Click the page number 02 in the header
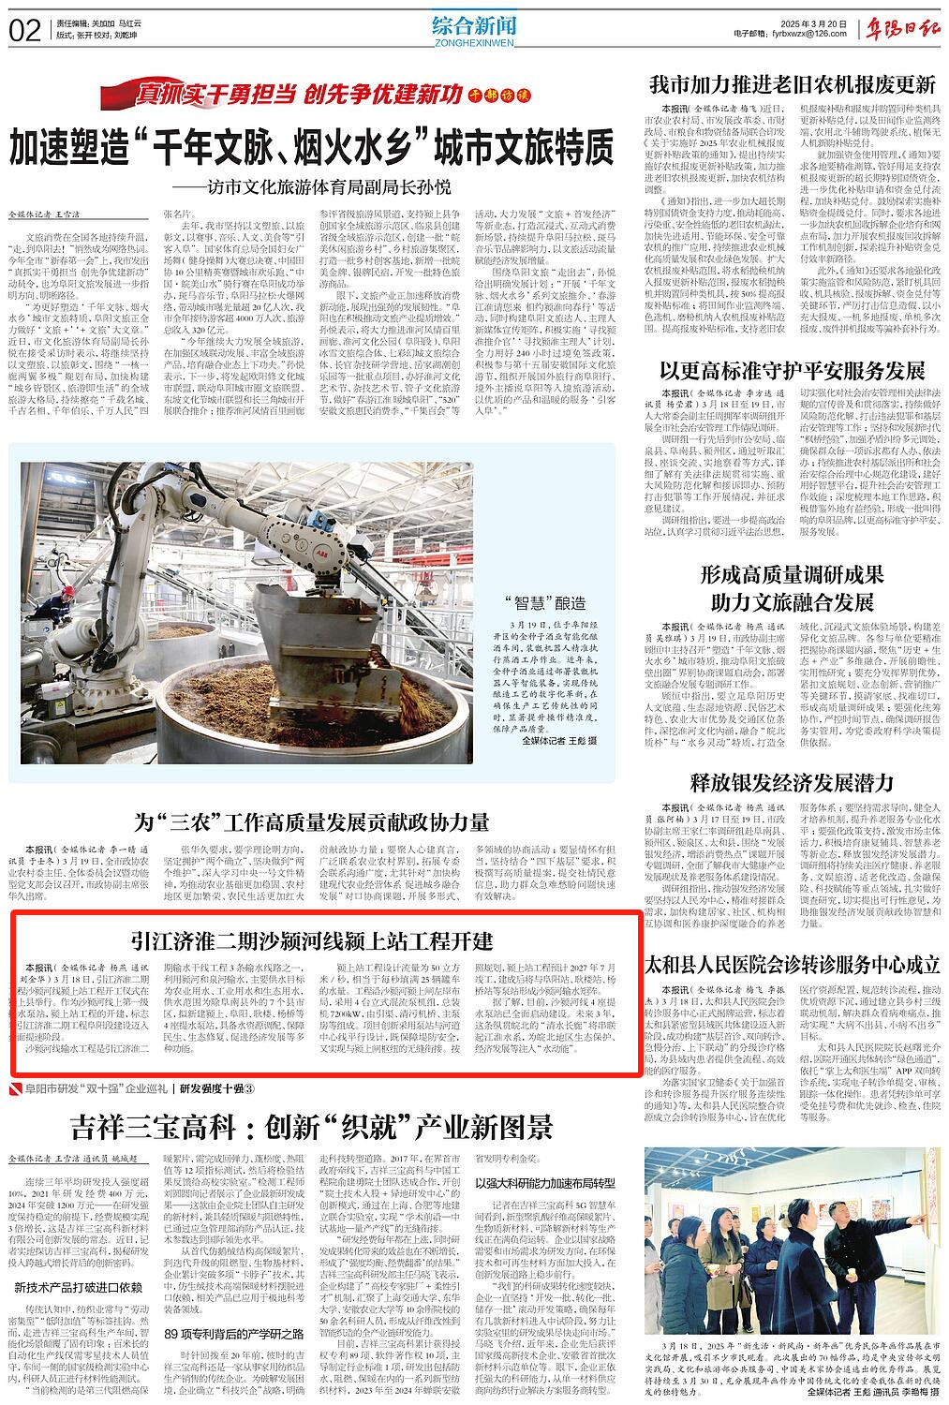tap(24, 31)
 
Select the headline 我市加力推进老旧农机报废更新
tap(793, 85)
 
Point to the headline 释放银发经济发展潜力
tap(793, 782)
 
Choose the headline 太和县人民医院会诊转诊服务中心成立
tap(793, 964)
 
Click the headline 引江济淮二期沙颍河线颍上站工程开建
tap(312, 939)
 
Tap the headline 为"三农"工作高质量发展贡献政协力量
tap(311, 822)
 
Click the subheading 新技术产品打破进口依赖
tap(79, 1287)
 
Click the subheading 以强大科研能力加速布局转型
tap(545, 1182)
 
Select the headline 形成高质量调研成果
tap(793, 573)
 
